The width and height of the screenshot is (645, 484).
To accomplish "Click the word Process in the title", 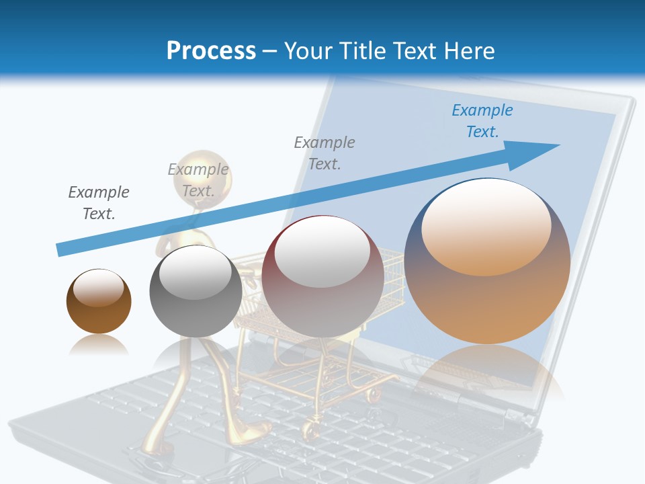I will click(x=211, y=51).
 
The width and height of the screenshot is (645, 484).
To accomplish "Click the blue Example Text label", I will click(x=482, y=121).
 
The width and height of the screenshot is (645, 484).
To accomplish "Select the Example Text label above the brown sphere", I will click(x=99, y=203).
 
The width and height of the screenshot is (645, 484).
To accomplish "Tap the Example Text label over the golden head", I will click(x=198, y=180).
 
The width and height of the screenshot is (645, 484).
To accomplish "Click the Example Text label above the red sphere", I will click(x=325, y=153).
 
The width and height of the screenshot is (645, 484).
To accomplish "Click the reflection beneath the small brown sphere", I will click(x=99, y=346).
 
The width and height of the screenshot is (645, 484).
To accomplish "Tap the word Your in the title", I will click(x=310, y=51).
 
